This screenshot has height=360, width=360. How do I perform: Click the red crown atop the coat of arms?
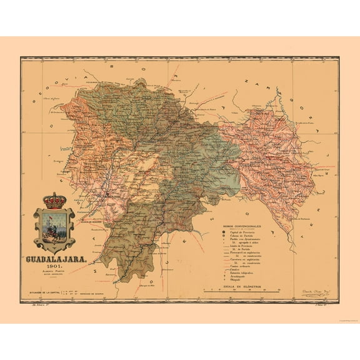(x=54, y=201)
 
